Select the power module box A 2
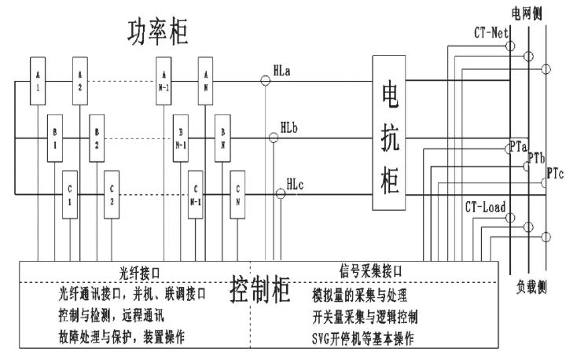tap(80, 78)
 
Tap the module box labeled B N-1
tap(181, 140)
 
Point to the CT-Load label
tap(484, 208)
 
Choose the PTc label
tap(556, 173)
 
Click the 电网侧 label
tap(526, 12)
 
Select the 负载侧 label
tap(531, 285)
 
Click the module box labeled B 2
tap(96, 140)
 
